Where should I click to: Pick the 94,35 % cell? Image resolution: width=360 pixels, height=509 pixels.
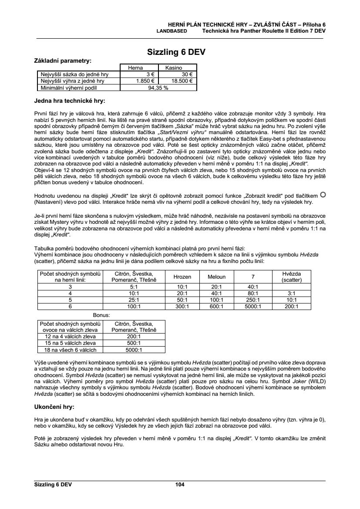point(158,87)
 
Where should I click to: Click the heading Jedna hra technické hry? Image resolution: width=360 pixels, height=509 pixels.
point(70,101)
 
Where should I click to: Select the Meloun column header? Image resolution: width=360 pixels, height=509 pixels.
point(216,276)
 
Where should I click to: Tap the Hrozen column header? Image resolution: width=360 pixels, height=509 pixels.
point(182,276)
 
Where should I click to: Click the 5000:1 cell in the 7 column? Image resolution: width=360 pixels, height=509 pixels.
point(252,306)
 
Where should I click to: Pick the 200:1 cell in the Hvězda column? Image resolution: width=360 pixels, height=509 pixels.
point(292,306)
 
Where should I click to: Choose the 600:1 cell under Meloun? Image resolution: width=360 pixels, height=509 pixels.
point(216,306)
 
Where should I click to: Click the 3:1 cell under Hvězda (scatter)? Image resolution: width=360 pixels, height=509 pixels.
point(292,293)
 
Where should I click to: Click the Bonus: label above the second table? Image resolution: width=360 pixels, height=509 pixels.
point(101,314)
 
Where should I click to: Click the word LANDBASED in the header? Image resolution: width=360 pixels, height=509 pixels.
point(172,31)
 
